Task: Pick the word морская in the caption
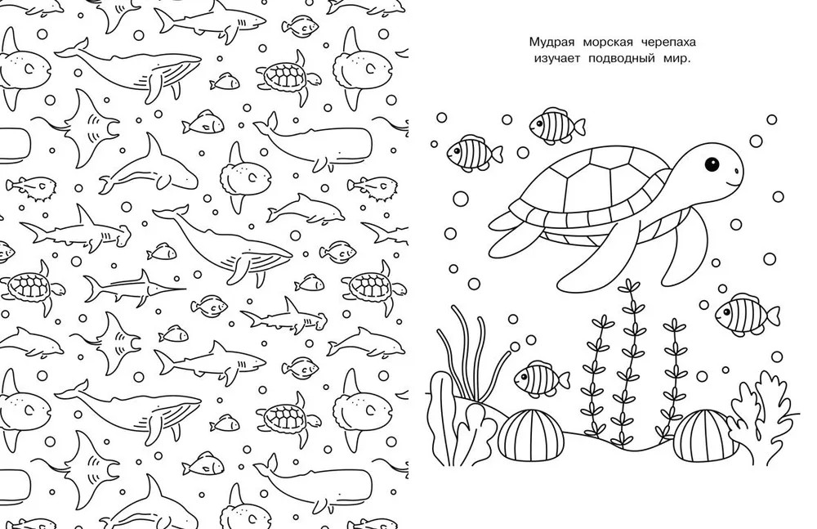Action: click(605, 43)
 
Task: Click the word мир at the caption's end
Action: click(676, 58)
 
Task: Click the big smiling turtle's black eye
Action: click(712, 164)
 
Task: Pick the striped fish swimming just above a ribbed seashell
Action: click(542, 377)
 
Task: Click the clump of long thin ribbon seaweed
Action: click(471, 355)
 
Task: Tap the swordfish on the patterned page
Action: click(135, 287)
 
